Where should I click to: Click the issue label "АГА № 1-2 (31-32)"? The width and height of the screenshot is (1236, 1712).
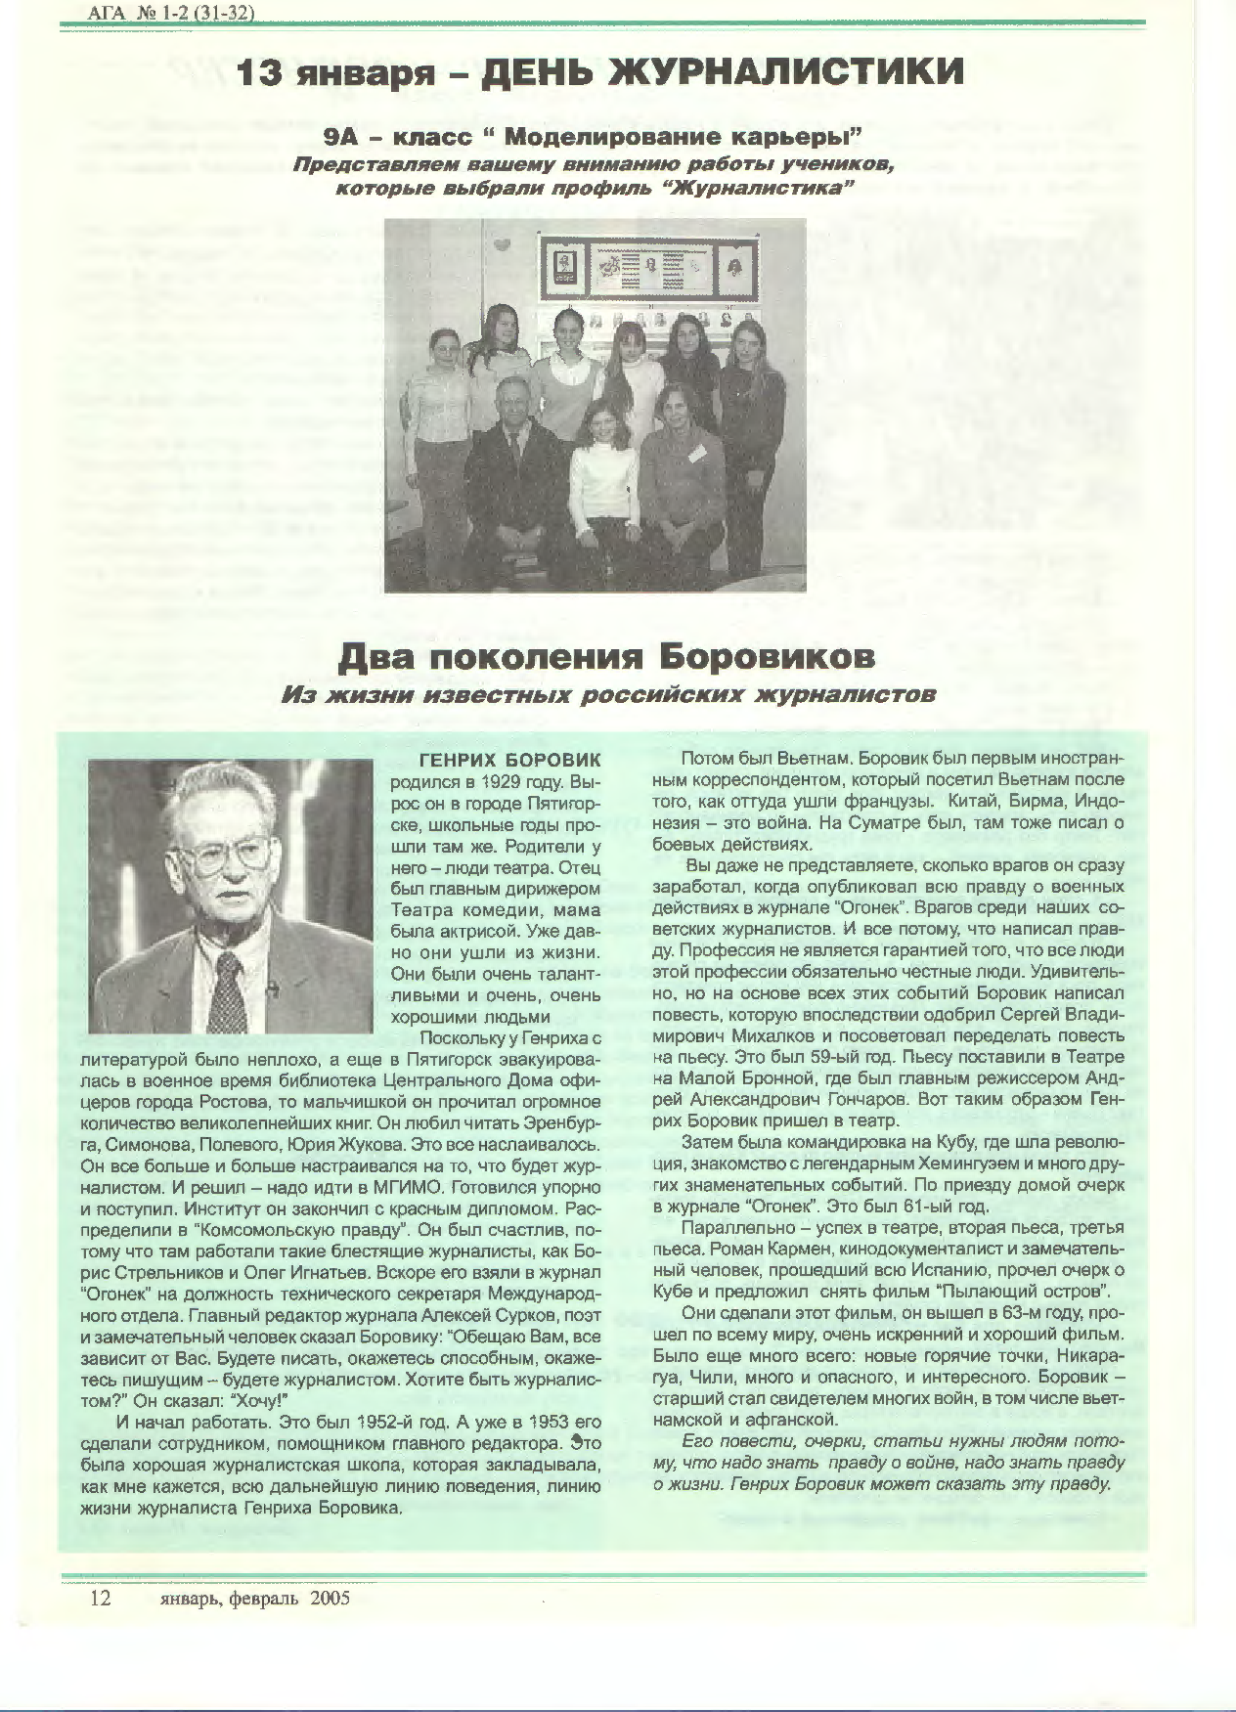click(164, 13)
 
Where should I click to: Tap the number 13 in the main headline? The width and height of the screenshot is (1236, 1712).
click(263, 72)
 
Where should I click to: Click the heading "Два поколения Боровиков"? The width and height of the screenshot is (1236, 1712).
click(606, 656)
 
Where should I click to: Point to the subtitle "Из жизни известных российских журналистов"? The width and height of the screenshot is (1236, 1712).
click(608, 694)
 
